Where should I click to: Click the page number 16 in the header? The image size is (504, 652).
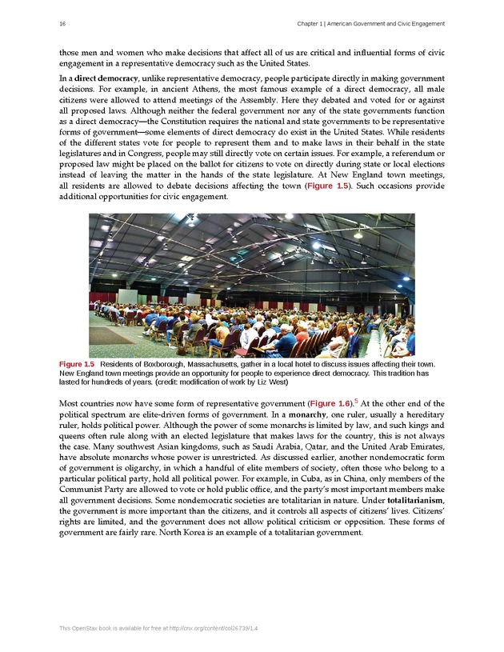click(x=62, y=24)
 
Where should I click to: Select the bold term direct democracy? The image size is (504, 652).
click(x=107, y=79)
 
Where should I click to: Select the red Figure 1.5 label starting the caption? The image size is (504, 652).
click(x=77, y=365)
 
